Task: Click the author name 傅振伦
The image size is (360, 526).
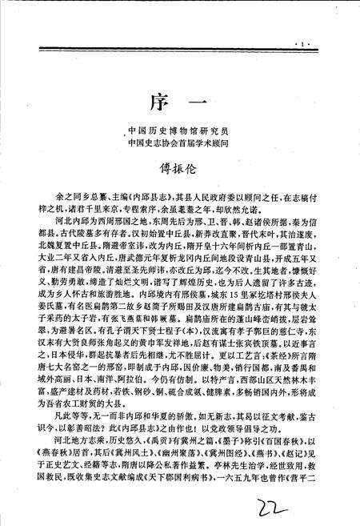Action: [180, 169]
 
